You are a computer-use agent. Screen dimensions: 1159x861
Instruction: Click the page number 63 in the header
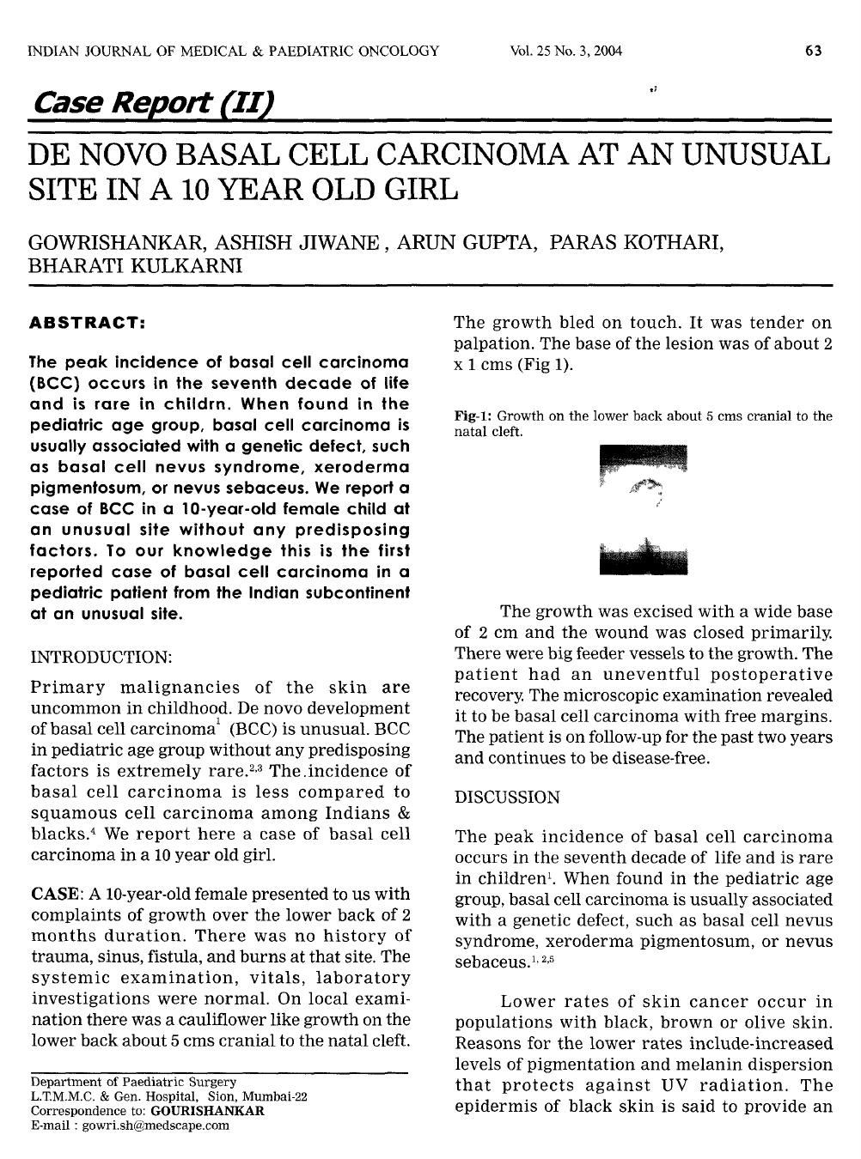[813, 52]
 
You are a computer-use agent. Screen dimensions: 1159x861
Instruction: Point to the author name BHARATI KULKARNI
[136, 265]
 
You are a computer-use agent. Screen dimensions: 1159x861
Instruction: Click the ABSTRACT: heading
[87, 324]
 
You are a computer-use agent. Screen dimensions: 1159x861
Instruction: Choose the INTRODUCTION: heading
[101, 657]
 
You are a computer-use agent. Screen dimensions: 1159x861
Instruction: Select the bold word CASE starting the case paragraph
[56, 894]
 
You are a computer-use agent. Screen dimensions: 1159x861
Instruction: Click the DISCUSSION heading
[507, 798]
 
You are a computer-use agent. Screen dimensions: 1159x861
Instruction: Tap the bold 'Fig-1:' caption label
[473, 416]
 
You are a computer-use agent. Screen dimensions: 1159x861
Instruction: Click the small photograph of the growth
[644, 509]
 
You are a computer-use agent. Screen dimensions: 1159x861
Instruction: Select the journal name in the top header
[234, 52]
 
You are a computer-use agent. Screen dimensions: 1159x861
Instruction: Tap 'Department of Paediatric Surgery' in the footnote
[133, 1082]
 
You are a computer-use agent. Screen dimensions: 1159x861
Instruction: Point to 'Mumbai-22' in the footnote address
[279, 1096]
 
